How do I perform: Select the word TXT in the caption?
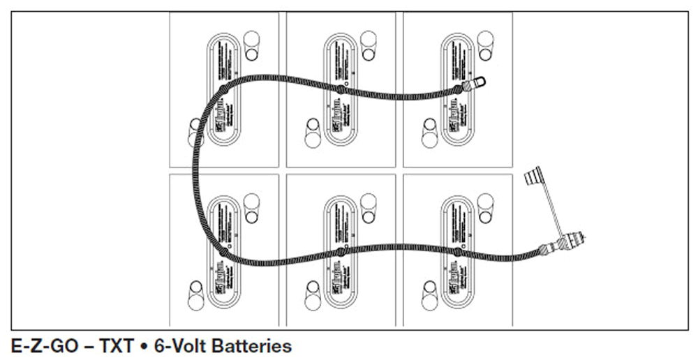click(x=111, y=345)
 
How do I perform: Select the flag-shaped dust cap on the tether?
click(x=534, y=175)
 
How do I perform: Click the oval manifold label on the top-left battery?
click(x=224, y=90)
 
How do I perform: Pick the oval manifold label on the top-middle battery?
click(x=341, y=90)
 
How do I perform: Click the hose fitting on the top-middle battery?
click(x=340, y=89)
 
